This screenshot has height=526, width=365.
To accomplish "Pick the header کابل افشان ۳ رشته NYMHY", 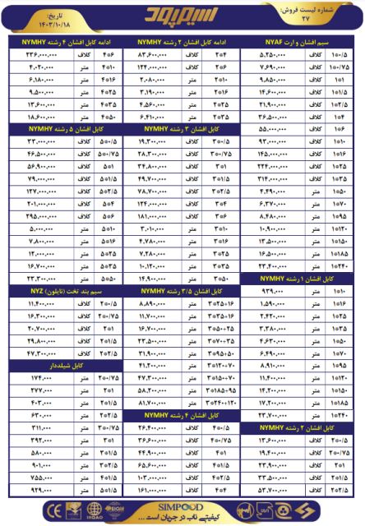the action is pos(183,129).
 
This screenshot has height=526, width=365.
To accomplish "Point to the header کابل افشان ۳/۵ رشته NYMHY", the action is pos(183,291).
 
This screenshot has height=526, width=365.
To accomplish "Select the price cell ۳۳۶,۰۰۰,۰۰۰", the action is pos(35,53).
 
